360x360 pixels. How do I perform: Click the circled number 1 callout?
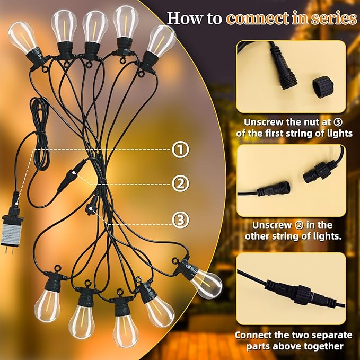[181, 150]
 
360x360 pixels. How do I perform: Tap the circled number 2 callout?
[181, 184]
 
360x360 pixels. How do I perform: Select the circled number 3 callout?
[181, 218]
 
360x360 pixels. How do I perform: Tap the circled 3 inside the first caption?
[345, 121]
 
